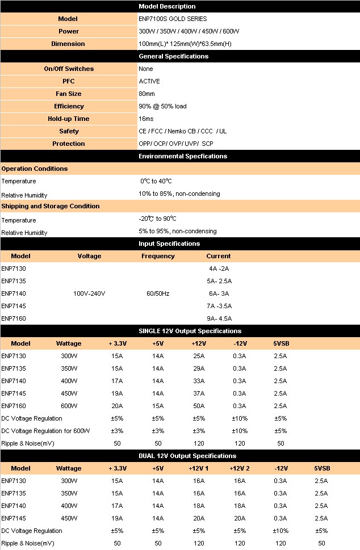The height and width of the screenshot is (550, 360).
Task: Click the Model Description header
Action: pos(167,6)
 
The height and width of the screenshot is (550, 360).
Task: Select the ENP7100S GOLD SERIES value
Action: pos(173,19)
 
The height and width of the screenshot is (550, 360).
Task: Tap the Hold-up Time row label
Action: pos(68,119)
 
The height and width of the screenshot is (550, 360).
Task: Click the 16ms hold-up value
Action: pos(146,119)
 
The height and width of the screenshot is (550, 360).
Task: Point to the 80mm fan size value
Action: pos(146,94)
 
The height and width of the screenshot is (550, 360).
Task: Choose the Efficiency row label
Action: pos(69,106)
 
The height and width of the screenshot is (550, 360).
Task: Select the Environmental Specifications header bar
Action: pos(183,156)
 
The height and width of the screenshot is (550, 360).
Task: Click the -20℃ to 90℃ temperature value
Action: pos(157,219)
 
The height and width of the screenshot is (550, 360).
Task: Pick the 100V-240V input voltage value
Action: pos(89,293)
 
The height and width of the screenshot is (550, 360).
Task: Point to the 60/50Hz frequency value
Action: pos(158,293)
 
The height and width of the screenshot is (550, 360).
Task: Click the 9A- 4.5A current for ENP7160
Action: pos(219,318)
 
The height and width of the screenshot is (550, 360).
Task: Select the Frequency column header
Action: pos(158,256)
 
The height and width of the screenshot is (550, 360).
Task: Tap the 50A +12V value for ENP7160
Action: pos(199,406)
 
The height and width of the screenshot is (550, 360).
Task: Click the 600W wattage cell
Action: pos(69,406)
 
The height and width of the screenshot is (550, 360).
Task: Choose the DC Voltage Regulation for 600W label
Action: pos(45,431)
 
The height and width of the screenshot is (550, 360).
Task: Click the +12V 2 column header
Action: pos(240,468)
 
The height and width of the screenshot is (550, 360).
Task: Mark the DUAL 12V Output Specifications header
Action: pos(187,456)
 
